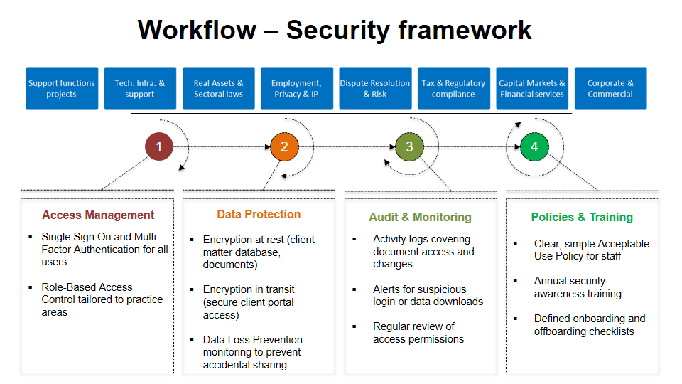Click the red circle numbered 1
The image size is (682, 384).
(159, 147)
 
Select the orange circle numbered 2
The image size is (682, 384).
(284, 147)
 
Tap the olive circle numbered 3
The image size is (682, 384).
(409, 147)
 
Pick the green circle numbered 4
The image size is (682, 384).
(534, 147)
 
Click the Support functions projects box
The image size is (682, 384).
(61, 89)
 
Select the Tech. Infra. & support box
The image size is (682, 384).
(139, 89)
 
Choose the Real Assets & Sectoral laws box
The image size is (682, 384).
(218, 89)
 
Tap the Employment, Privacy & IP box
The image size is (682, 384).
(296, 89)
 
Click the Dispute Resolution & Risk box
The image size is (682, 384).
(374, 89)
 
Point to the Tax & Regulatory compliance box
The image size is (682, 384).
(453, 89)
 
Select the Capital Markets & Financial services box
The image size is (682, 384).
(532, 89)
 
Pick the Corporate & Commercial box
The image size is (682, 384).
(610, 89)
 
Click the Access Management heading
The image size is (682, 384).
(98, 215)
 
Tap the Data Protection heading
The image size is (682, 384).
(259, 215)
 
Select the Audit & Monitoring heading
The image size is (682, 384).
(420, 217)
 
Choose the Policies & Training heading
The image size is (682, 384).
(582, 217)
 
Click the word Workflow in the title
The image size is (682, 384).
(197, 30)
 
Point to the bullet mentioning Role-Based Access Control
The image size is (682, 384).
(102, 299)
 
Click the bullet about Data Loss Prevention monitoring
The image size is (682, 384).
(252, 352)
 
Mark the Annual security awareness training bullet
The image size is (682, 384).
(578, 287)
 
